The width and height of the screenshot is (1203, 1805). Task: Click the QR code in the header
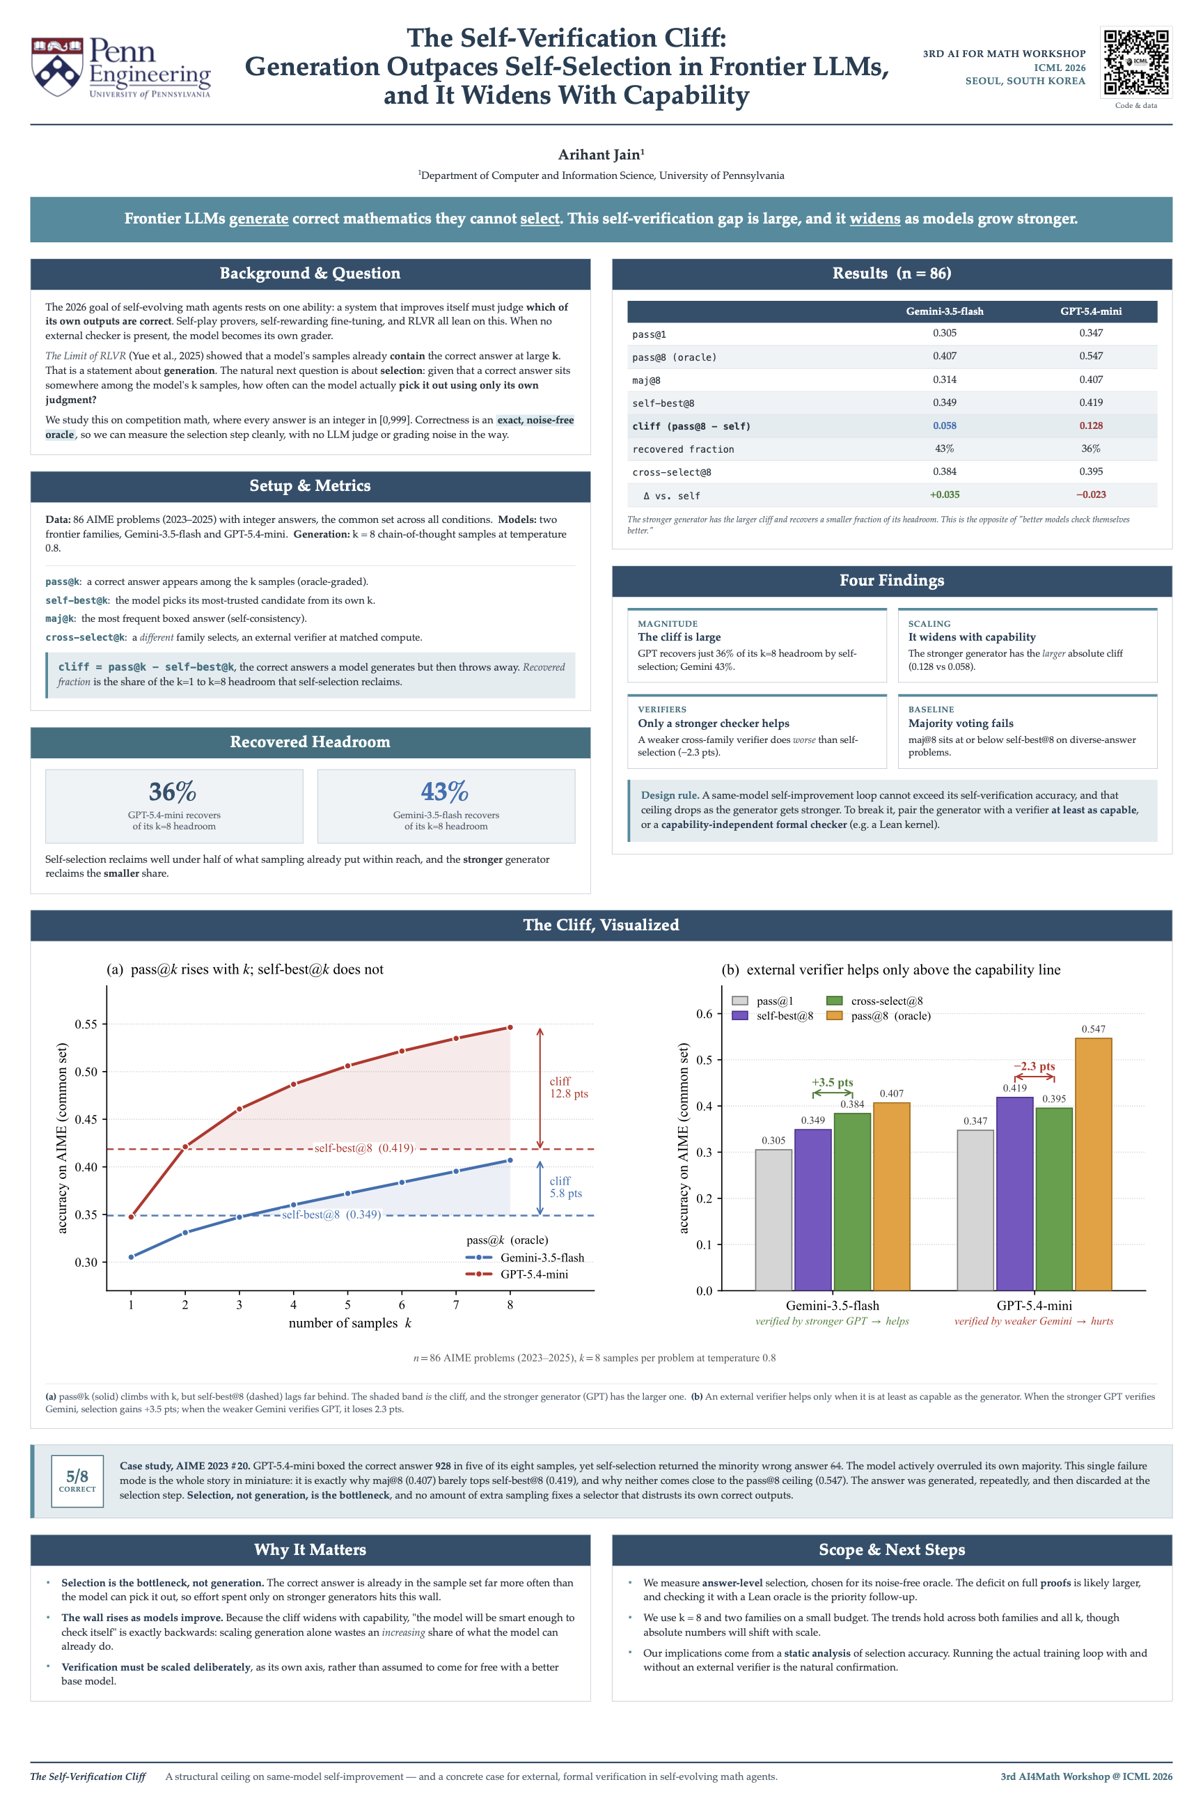click(x=1136, y=62)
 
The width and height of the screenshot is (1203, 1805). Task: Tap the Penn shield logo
click(x=57, y=68)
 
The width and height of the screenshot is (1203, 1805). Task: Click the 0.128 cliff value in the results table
click(x=1091, y=425)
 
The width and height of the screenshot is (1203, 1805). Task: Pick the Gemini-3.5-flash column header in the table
click(x=945, y=311)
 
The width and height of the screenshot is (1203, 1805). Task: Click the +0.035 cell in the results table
click(x=945, y=495)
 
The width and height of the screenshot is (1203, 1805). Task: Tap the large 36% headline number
click(x=173, y=791)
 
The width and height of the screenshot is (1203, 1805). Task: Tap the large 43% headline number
click(x=445, y=791)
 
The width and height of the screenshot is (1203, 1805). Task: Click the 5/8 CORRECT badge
click(x=77, y=1480)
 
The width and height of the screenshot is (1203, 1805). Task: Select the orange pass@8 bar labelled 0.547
click(x=1093, y=1164)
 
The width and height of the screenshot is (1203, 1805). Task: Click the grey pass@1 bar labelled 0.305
click(x=773, y=1220)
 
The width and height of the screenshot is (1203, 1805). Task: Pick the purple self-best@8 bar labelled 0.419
click(x=1014, y=1194)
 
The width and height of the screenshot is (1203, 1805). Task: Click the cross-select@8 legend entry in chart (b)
click(x=874, y=1001)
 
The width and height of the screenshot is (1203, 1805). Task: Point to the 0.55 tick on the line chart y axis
click(x=86, y=1024)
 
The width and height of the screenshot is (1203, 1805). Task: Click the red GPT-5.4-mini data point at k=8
click(x=510, y=1028)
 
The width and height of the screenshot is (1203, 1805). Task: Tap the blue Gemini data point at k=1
click(x=131, y=1257)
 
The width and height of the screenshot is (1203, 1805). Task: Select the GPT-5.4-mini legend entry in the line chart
click(x=517, y=1274)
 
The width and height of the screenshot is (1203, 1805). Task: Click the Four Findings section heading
click(x=892, y=580)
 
